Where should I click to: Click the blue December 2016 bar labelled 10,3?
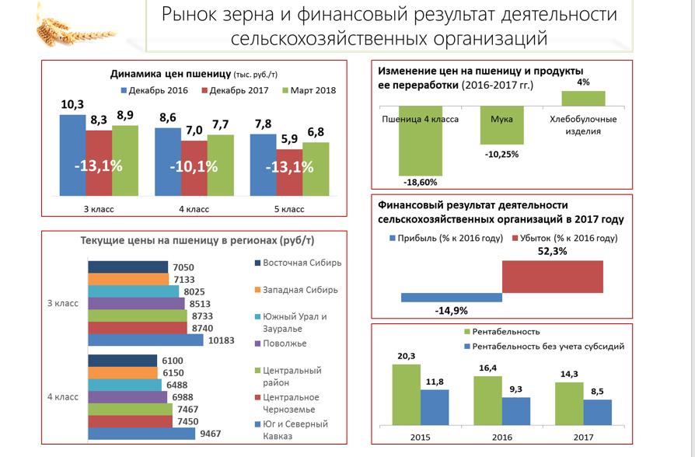point(73,155)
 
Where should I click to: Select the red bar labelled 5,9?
point(289,173)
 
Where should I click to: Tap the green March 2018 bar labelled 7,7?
point(220,166)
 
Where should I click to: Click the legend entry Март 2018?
point(309,90)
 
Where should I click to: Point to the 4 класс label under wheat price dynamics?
point(194,209)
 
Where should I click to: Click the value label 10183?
point(222,340)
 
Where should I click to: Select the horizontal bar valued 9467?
point(141,434)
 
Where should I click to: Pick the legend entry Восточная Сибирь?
point(298,263)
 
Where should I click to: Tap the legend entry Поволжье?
point(281,344)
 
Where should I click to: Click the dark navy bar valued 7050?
point(127,267)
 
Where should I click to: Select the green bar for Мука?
point(501,125)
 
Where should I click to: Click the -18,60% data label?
point(421,182)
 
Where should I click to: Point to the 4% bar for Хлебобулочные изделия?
point(583,99)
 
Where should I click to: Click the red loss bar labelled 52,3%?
point(552,277)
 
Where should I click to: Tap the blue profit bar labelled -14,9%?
point(452,298)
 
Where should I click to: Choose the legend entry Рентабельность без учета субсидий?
point(544,347)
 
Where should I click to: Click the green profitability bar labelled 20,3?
point(406,395)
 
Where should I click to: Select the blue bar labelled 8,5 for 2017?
point(598,413)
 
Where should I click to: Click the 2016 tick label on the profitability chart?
point(501,438)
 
